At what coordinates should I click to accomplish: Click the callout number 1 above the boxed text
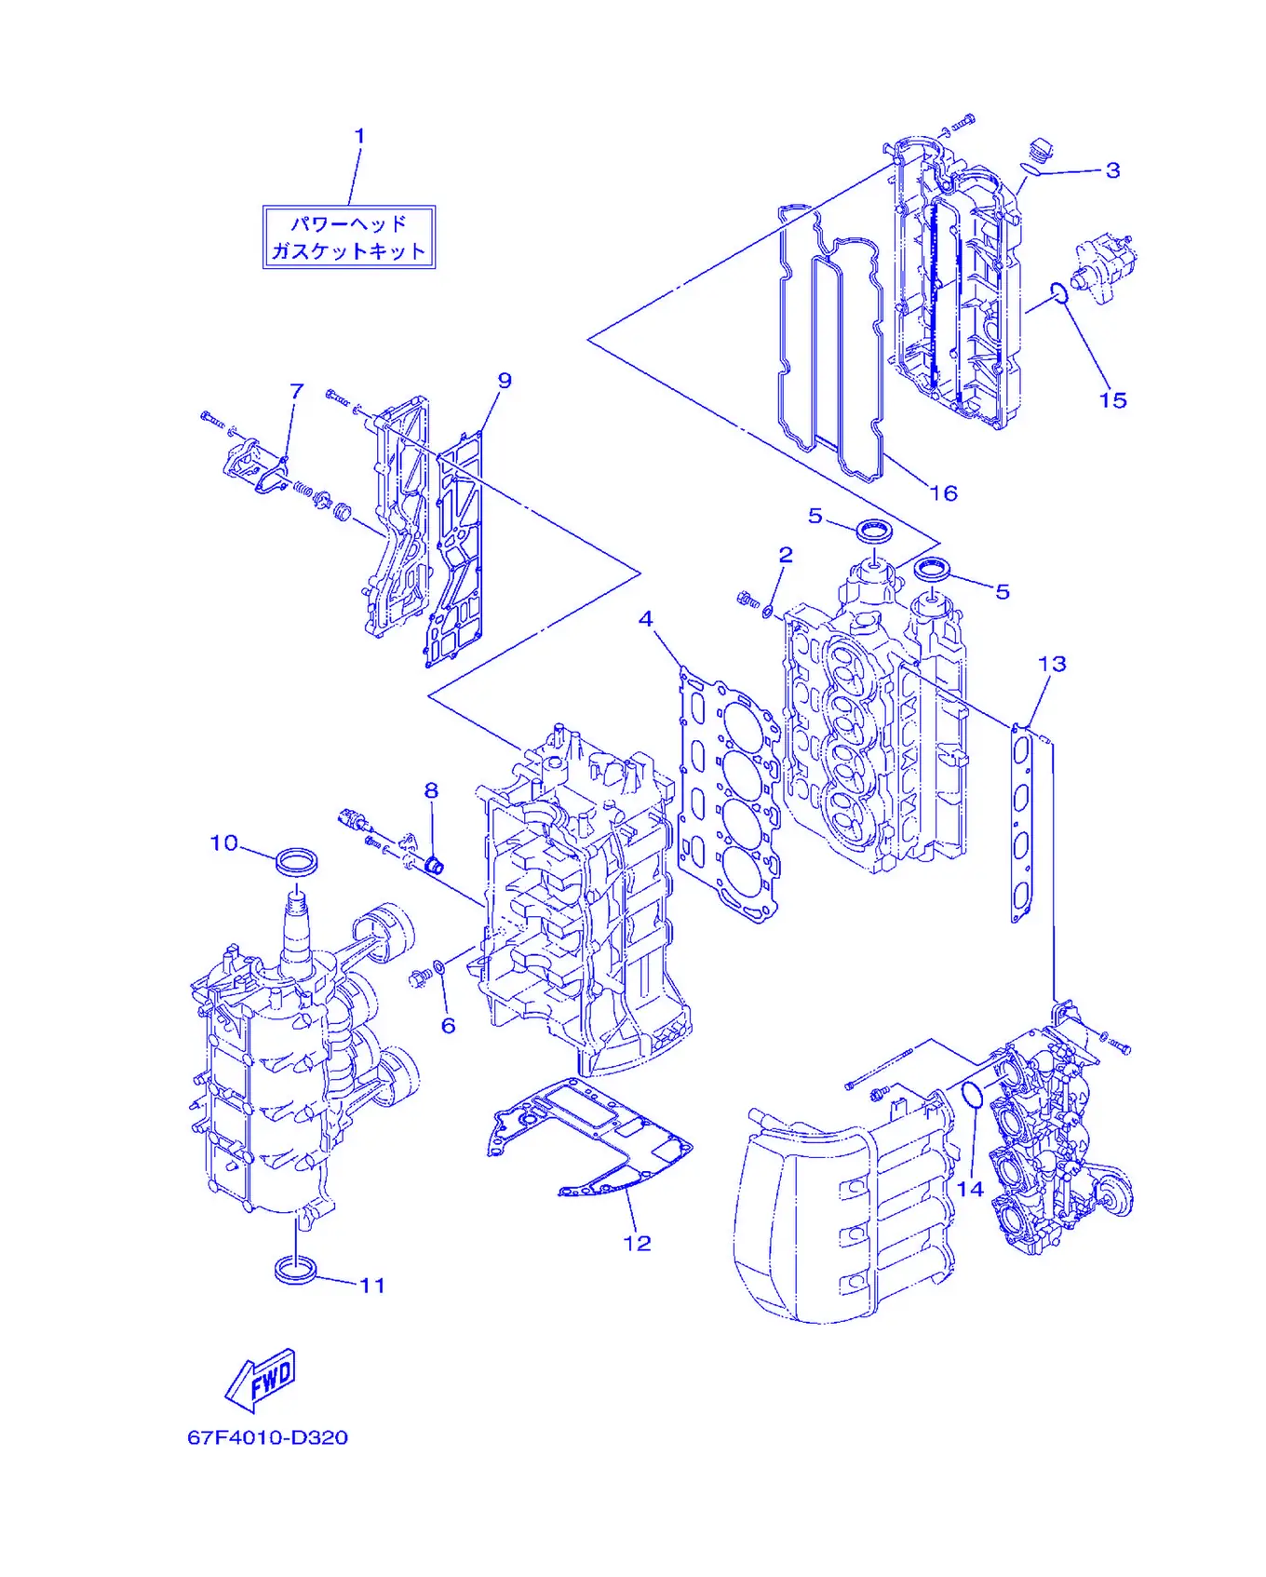359,136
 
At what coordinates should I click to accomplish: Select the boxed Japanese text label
349,237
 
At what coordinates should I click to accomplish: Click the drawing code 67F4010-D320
268,1437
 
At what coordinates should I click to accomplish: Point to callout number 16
944,493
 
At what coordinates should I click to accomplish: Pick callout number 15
1113,400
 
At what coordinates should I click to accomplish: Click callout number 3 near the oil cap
1113,170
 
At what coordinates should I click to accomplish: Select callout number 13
1052,664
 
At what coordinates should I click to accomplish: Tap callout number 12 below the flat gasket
637,1244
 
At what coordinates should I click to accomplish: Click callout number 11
372,1286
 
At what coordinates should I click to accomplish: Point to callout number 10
224,842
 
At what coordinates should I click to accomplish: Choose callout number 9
505,381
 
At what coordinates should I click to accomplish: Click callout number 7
297,391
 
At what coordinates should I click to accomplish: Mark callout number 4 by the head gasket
646,619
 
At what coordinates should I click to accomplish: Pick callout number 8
431,791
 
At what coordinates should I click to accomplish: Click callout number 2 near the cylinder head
786,555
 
